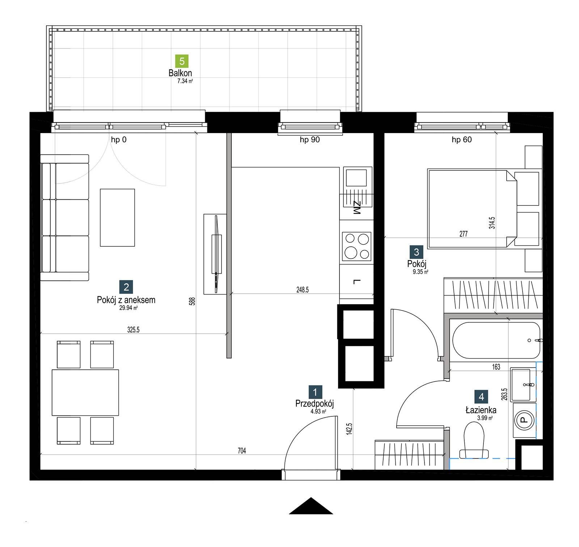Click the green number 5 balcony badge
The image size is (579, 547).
tap(182, 61)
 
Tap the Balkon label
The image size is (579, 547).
tap(180, 73)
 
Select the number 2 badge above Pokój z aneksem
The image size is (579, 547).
tap(126, 287)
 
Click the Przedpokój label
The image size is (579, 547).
tap(314, 403)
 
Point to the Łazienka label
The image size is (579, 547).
tap(481, 410)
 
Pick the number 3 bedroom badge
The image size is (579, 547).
tap(416, 252)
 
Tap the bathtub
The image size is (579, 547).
tap(496, 340)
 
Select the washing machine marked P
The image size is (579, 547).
tap(524, 420)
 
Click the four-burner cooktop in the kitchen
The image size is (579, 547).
tap(356, 246)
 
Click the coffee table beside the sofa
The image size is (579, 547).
tap(117, 217)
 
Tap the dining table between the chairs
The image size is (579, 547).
tap(85, 393)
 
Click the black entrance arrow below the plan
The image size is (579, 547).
tap(311, 506)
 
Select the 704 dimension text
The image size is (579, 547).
tap(242, 450)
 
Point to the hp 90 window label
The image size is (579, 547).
tap(310, 140)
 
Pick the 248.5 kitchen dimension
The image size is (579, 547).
tap(302, 290)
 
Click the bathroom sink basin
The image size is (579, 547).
tap(521, 385)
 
